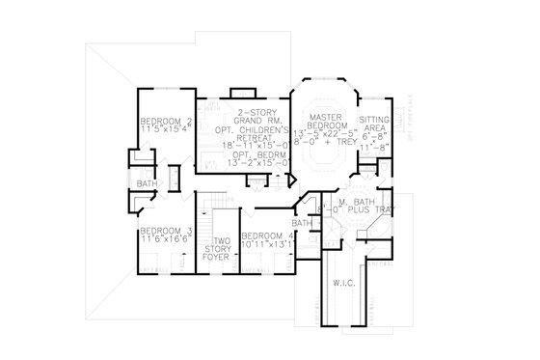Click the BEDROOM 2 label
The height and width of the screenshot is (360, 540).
166,121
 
